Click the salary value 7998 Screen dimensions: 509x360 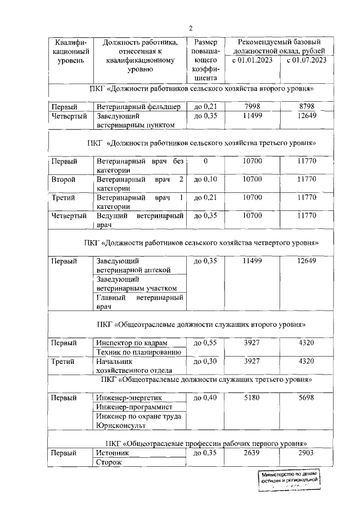coord(252,106)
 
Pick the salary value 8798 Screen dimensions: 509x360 coord(307,106)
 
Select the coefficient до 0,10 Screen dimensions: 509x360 coord(205,179)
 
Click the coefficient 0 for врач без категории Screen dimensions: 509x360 coord(205,161)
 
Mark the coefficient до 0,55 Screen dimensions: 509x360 coord(205,343)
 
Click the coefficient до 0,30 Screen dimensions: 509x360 coord(205,361)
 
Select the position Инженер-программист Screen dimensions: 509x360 coord(134,407)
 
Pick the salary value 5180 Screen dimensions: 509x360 coord(252,397)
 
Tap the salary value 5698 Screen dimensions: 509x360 coord(307,397)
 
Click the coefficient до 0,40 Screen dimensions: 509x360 coord(205,397)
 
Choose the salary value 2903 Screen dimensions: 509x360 coord(307,452)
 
